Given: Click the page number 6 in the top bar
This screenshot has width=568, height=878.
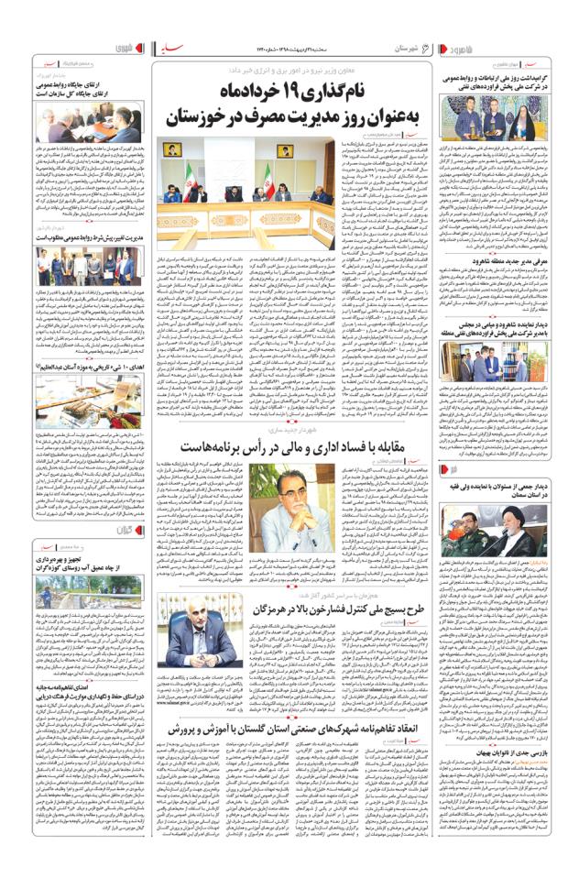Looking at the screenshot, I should coord(428,46).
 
